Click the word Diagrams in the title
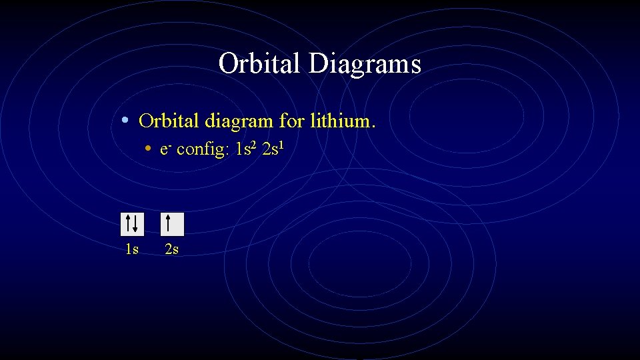[365, 64]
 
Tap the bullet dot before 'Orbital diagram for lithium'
[125, 121]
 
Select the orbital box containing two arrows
[132, 224]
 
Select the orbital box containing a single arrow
[172, 224]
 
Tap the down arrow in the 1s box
[135, 224]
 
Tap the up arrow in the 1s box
[128, 223]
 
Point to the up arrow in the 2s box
[168, 223]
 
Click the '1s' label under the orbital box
[132, 250]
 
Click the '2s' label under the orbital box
[171, 250]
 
